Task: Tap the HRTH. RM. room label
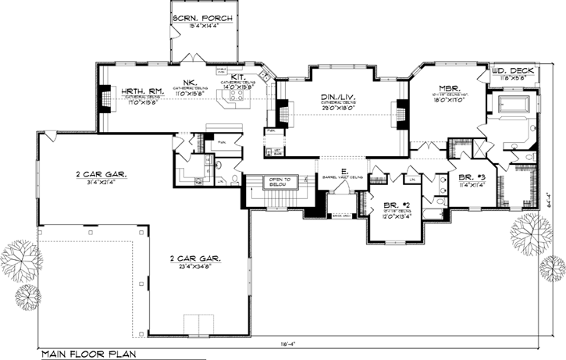(140, 91)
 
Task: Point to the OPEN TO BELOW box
(279, 182)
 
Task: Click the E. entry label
(344, 171)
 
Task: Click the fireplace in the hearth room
(101, 97)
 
